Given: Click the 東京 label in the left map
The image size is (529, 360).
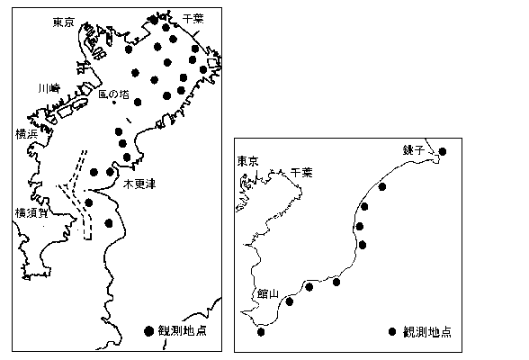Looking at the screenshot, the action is click(x=63, y=22).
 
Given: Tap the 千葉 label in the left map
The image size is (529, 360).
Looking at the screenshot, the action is click(x=193, y=19).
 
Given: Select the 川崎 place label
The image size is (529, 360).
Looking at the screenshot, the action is click(x=49, y=88).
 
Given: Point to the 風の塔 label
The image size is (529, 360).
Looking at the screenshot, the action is click(x=113, y=94).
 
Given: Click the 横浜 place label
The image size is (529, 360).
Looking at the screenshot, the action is click(x=26, y=134).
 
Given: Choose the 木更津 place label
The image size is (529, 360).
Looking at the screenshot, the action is click(x=139, y=184).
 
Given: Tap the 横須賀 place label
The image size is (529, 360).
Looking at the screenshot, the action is click(x=31, y=213).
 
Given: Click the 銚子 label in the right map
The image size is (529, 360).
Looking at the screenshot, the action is click(x=413, y=149).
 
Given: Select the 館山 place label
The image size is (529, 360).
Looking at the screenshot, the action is click(x=268, y=294).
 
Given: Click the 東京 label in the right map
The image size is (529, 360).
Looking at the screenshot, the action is click(x=247, y=161).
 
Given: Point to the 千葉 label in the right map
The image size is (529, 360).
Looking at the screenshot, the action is click(x=301, y=173).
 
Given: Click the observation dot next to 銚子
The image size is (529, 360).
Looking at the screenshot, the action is click(x=443, y=151).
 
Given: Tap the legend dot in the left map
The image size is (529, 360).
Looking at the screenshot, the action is click(x=148, y=331).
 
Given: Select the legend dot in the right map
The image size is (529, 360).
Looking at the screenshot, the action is click(x=391, y=332).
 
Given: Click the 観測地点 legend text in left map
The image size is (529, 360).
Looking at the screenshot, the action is click(x=183, y=331).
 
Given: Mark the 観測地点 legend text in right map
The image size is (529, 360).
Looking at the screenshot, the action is click(x=427, y=332).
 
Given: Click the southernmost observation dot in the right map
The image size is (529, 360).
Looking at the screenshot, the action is click(x=261, y=332).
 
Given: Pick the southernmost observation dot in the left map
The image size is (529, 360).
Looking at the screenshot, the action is click(x=109, y=223).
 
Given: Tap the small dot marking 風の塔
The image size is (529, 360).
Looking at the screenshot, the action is click(x=114, y=103).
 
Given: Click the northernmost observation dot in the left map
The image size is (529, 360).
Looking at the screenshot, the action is click(x=154, y=20).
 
